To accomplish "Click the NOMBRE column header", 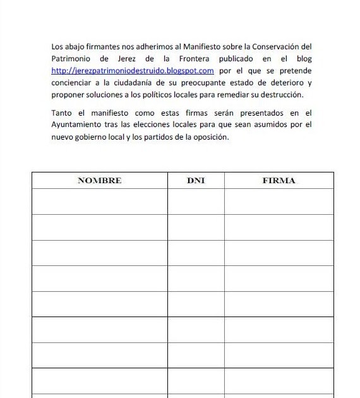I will click(99, 180).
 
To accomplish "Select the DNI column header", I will click(196, 180).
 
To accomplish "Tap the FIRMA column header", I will click(279, 180).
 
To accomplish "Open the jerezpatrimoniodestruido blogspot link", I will click(133, 71).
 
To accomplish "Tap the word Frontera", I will click(193, 59).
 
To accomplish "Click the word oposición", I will click(208, 137).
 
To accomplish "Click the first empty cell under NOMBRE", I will click(99, 202).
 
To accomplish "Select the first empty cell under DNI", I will click(196, 202).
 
